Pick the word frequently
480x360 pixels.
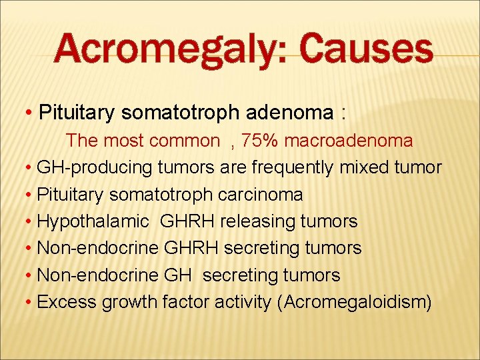click(291, 168)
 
